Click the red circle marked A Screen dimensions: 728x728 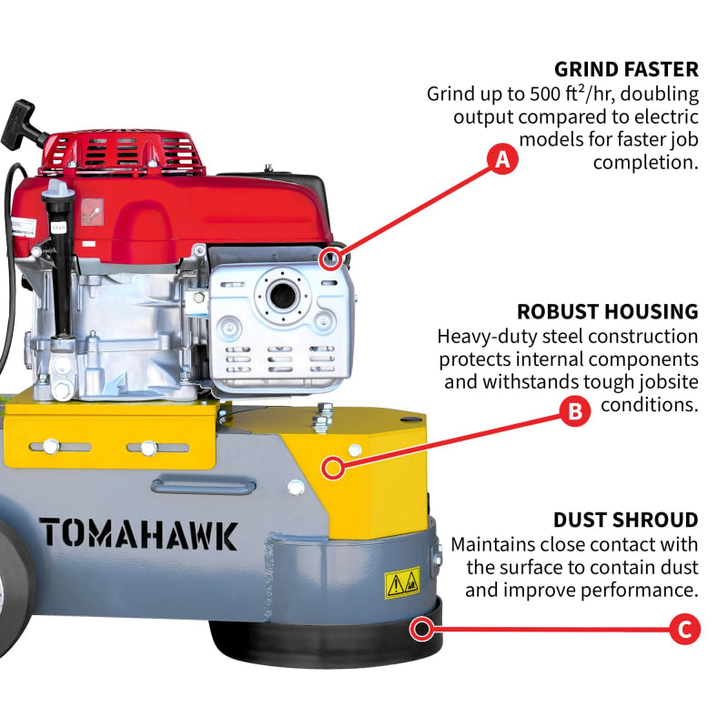coord(501,160)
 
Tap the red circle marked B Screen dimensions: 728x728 coord(574,412)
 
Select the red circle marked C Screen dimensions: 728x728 coord(684,630)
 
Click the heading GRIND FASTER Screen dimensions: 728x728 coord(626,69)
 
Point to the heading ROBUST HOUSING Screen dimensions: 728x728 coord(607,311)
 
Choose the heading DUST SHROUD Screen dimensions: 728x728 coord(625,520)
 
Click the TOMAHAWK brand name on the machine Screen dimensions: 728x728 coord(138,533)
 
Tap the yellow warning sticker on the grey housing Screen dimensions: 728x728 coord(402,583)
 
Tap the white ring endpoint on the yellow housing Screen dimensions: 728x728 coord(334,469)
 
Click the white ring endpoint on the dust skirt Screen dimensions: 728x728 coord(420,627)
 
